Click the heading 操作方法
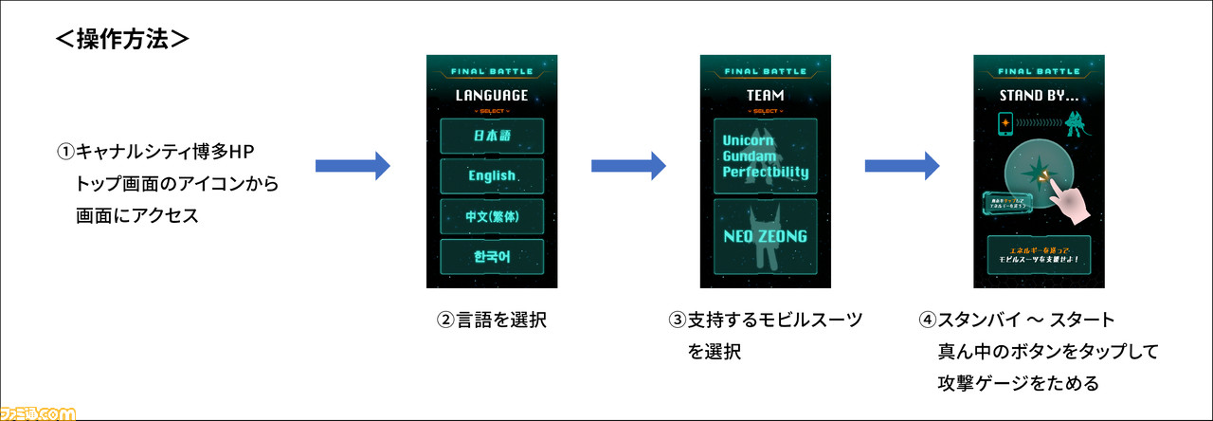coord(123,39)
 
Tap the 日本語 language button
coord(491,136)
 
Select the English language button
coord(491,175)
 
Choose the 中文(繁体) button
coord(491,216)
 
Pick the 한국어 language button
coord(491,257)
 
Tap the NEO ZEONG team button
coord(765,236)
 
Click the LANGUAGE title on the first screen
coord(491,95)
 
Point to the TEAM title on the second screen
coord(765,95)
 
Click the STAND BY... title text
coord(1039,95)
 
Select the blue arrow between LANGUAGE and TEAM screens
coord(627,166)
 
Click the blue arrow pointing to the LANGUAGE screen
coord(352,166)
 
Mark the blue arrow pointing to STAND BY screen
coord(901,166)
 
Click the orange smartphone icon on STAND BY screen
coord(1005,126)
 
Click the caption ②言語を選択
coord(491,320)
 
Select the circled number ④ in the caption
coord(927,320)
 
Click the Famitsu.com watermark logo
coord(38,412)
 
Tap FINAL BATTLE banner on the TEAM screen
coord(765,71)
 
